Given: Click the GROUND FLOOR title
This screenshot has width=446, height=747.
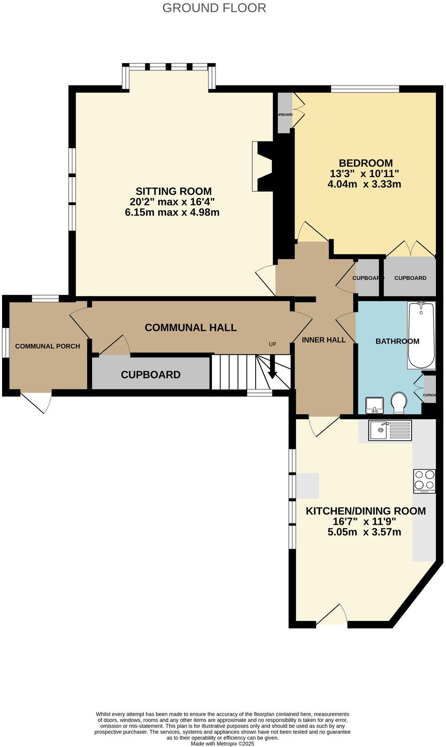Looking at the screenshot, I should tap(214, 8).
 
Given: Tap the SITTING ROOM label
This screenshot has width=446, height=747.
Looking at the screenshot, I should tap(173, 191).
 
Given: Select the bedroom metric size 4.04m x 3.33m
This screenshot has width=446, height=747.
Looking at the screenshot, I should tap(364, 184).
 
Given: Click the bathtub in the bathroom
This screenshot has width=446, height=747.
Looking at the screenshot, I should tap(421, 335).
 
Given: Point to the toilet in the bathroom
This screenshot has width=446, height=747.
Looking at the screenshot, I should tap(399, 402).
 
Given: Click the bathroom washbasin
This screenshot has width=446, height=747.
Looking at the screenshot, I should tap(375, 405).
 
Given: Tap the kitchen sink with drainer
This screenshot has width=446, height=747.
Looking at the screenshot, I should tap(390, 430).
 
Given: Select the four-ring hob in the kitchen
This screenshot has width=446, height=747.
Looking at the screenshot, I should tap(424, 481).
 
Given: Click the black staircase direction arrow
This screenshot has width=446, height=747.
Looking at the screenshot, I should tap(273, 370).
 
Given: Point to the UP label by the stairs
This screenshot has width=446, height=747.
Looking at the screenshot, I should tap(272, 344).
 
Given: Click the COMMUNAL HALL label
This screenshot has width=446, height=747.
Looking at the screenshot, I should tap(190, 327).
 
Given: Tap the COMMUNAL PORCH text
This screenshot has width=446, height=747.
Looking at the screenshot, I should tap(47, 346).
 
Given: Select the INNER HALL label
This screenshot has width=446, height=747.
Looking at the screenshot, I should tap(324, 340).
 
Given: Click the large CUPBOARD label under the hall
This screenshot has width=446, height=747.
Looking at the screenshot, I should tap(150, 375).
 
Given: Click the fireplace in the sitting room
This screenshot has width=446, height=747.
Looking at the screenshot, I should tap(263, 166).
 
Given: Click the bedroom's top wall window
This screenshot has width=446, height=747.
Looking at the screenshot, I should tap(365, 88).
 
